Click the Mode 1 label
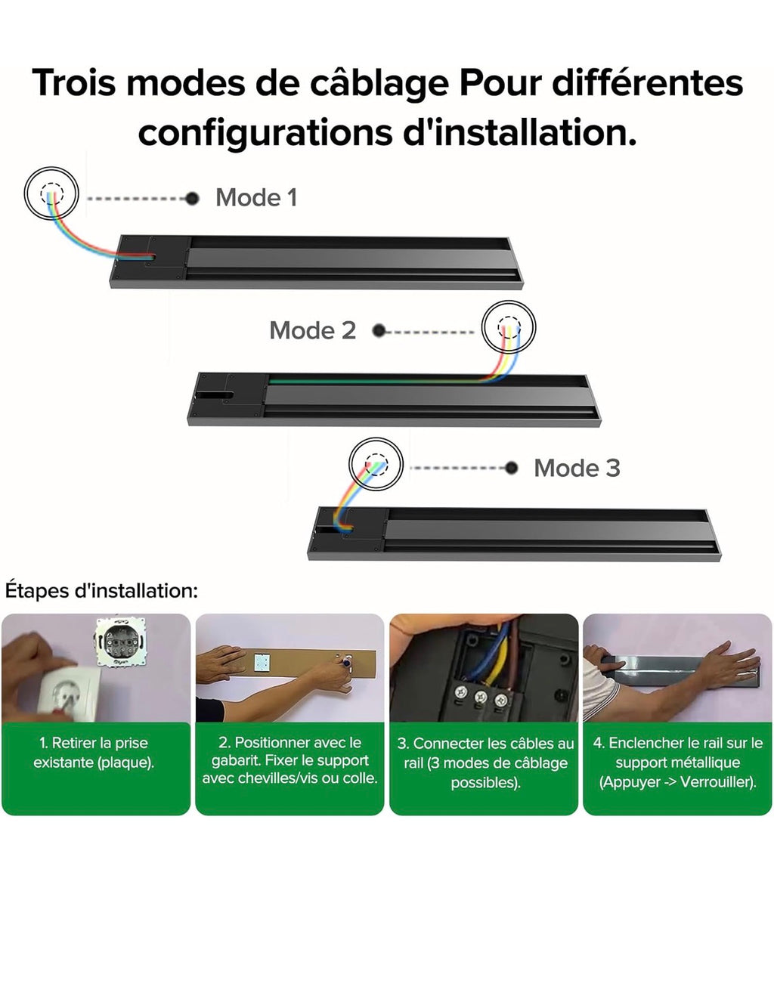[x=256, y=198]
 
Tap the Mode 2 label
[x=312, y=330]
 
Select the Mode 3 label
[x=577, y=468]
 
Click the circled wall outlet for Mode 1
[x=51, y=193]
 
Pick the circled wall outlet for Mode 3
[x=376, y=464]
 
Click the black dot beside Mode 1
[x=193, y=199]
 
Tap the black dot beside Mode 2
[x=379, y=330]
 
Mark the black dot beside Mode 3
[x=512, y=468]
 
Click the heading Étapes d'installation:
[x=101, y=590]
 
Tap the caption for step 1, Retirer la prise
[x=94, y=753]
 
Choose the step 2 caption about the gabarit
[x=289, y=760]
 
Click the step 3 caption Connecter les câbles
[x=485, y=762]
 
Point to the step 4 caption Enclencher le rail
[x=678, y=762]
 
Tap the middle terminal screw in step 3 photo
[x=481, y=698]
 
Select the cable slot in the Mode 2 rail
[x=215, y=394]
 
